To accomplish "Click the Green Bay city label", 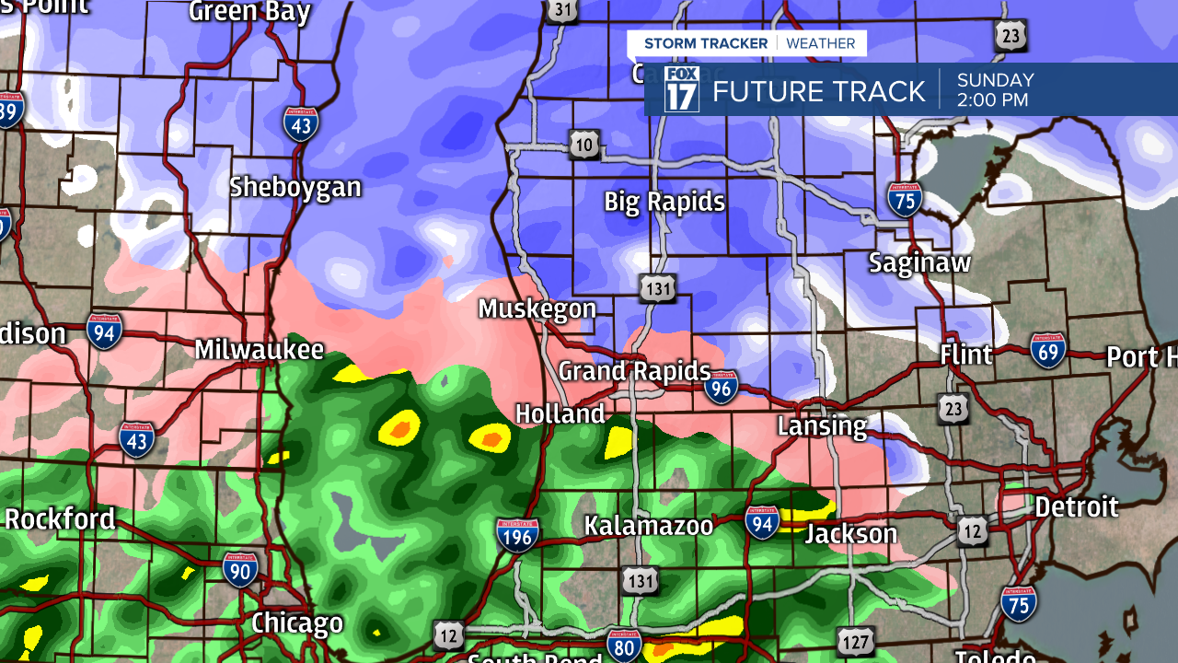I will [x=249, y=12].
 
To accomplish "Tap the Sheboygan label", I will [x=294, y=188].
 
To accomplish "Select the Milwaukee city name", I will [x=260, y=350].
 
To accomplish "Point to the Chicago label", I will [x=297, y=623].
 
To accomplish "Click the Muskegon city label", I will [x=537, y=309].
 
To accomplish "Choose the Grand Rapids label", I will [x=634, y=372].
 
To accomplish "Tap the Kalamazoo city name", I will [x=649, y=526].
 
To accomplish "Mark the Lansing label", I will [x=822, y=426].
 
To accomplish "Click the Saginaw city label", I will [x=919, y=263].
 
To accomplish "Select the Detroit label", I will [x=1076, y=506].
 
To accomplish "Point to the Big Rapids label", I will [x=664, y=202].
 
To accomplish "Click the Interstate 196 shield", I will [x=517, y=535].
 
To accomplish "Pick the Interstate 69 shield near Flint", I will [x=1048, y=350].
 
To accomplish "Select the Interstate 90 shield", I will [x=240, y=569].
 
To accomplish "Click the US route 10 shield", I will [x=584, y=145].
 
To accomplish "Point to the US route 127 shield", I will [x=855, y=641].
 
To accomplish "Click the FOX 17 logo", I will [x=682, y=89].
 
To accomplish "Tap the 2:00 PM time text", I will [x=992, y=100].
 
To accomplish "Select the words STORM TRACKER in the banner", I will [x=706, y=43].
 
